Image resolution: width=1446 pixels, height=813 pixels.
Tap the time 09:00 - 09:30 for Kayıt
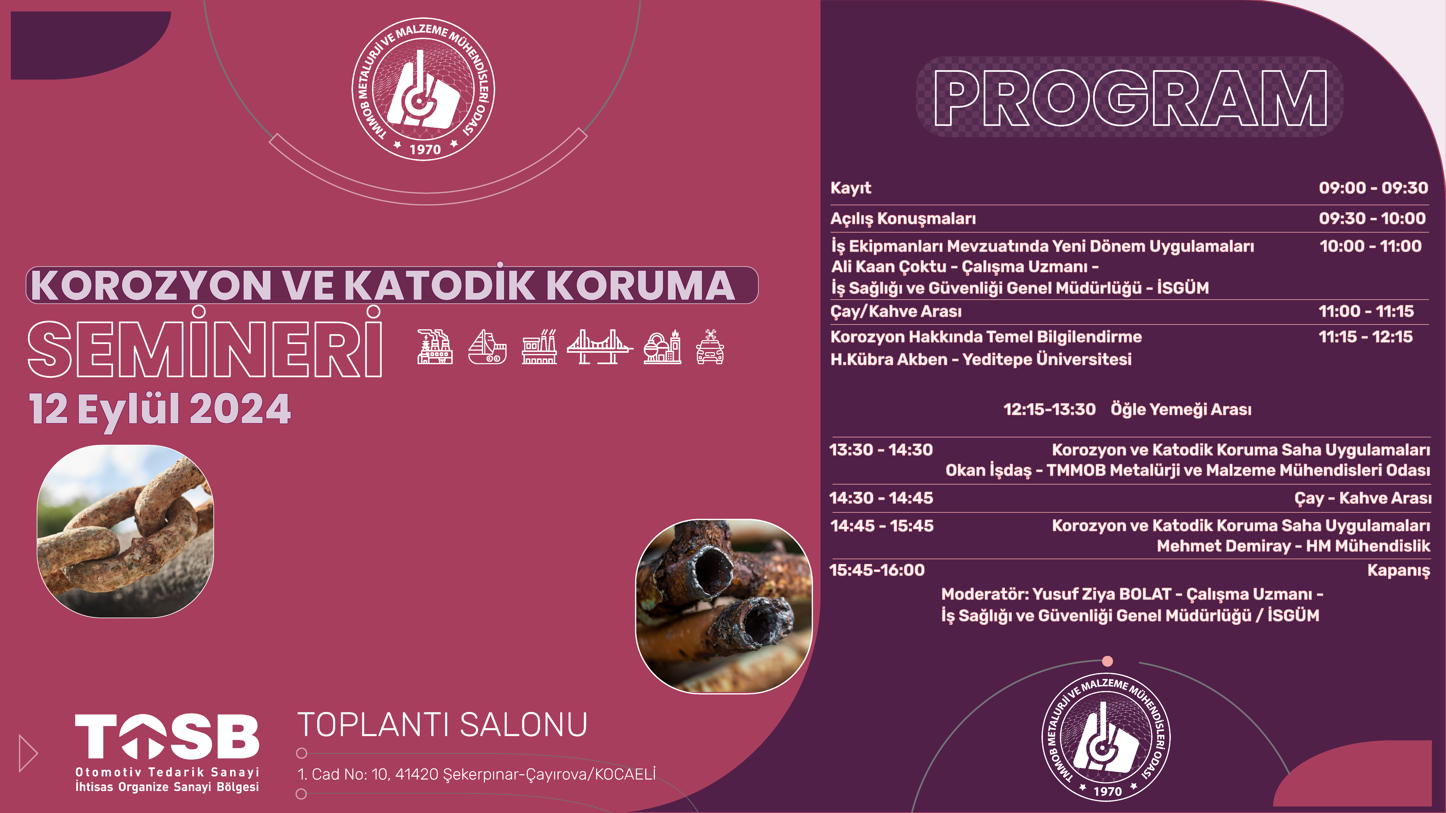[x=1373, y=187]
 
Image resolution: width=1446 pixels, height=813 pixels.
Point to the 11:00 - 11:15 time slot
[x=1366, y=311]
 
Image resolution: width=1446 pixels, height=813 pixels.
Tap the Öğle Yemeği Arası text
[x=1181, y=409]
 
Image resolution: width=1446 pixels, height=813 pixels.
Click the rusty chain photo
[x=125, y=531]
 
